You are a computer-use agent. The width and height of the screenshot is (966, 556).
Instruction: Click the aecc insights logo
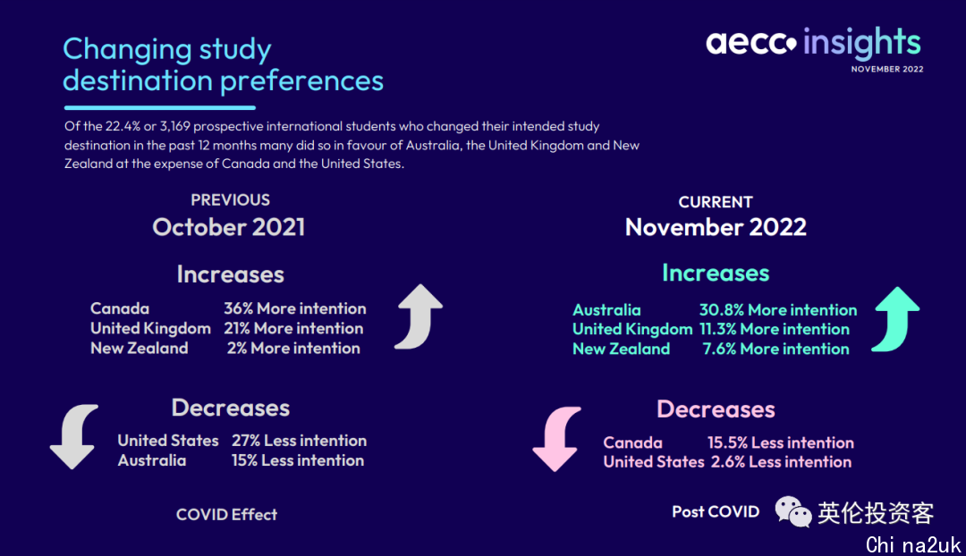pyautogui.click(x=813, y=43)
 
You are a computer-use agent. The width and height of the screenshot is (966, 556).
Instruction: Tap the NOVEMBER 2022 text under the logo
pyautogui.click(x=887, y=69)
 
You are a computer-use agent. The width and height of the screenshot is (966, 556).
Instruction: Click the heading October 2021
pyautogui.click(x=229, y=227)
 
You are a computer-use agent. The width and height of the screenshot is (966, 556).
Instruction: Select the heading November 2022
pyautogui.click(x=716, y=227)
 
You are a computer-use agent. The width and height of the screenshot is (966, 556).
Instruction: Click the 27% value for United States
pyautogui.click(x=246, y=441)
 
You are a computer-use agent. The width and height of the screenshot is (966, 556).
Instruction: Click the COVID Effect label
pyautogui.click(x=226, y=514)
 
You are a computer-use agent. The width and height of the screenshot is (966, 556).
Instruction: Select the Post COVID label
pyautogui.click(x=716, y=511)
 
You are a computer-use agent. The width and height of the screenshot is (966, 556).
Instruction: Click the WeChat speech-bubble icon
pyautogui.click(x=793, y=511)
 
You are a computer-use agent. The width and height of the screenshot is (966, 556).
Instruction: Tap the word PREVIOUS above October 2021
pyautogui.click(x=231, y=199)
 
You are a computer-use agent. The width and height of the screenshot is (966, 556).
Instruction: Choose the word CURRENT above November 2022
pyautogui.click(x=716, y=202)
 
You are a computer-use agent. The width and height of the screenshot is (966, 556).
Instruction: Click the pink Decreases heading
pyautogui.click(x=716, y=409)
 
